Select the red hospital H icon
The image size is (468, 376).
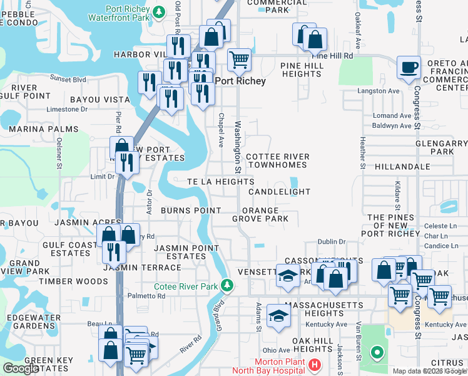click(314, 365)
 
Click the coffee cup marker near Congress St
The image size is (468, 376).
click(409, 67)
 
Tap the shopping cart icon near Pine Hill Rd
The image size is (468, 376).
click(239, 60)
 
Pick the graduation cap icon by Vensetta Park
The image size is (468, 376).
click(287, 276)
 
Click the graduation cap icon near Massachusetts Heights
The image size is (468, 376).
click(278, 315)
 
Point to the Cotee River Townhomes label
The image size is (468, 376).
click(277, 160)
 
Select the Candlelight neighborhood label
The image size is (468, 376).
click(279, 191)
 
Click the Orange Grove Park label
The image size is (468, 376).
click(260, 214)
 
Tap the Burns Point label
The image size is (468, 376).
click(191, 211)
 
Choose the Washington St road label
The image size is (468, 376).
click(238, 147)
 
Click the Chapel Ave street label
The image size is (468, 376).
click(221, 130)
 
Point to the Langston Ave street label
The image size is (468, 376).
click(377, 91)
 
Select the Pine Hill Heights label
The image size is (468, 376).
click(301, 70)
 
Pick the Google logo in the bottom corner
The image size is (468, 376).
click(21, 368)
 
